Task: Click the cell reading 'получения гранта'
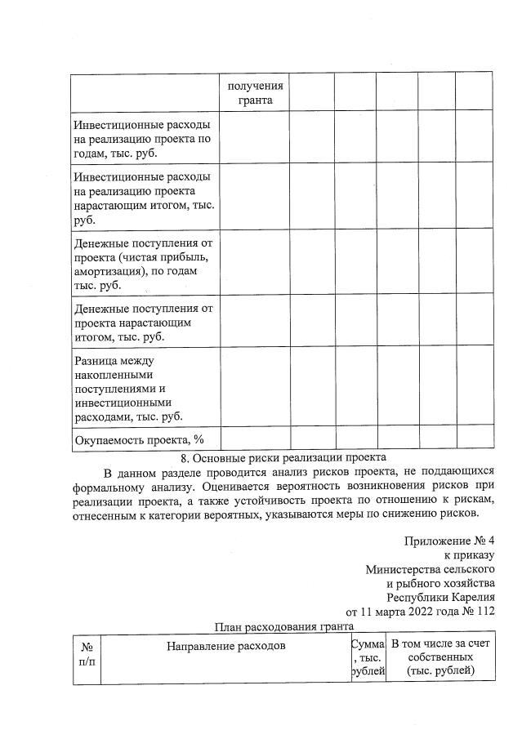coord(255,93)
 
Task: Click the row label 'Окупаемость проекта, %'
coord(139,439)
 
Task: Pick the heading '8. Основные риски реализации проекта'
coord(283,457)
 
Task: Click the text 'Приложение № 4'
coord(448,541)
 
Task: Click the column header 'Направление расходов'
coord(226,645)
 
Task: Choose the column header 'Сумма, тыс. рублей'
coord(367,658)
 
